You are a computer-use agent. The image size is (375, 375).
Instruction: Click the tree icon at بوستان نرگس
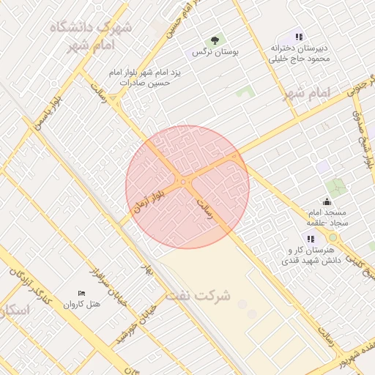pyautogui.click(x=215, y=40)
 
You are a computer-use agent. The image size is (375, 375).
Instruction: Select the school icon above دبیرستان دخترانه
pyautogui.click(x=298, y=37)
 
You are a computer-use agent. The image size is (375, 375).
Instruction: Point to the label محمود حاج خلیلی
pyautogui.click(x=298, y=59)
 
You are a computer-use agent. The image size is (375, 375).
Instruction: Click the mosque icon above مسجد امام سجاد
pyautogui.click(x=327, y=201)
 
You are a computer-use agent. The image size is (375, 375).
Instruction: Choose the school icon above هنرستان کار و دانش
pyautogui.click(x=311, y=239)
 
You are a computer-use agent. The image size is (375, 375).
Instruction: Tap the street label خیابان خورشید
pyautogui.click(x=135, y=324)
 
